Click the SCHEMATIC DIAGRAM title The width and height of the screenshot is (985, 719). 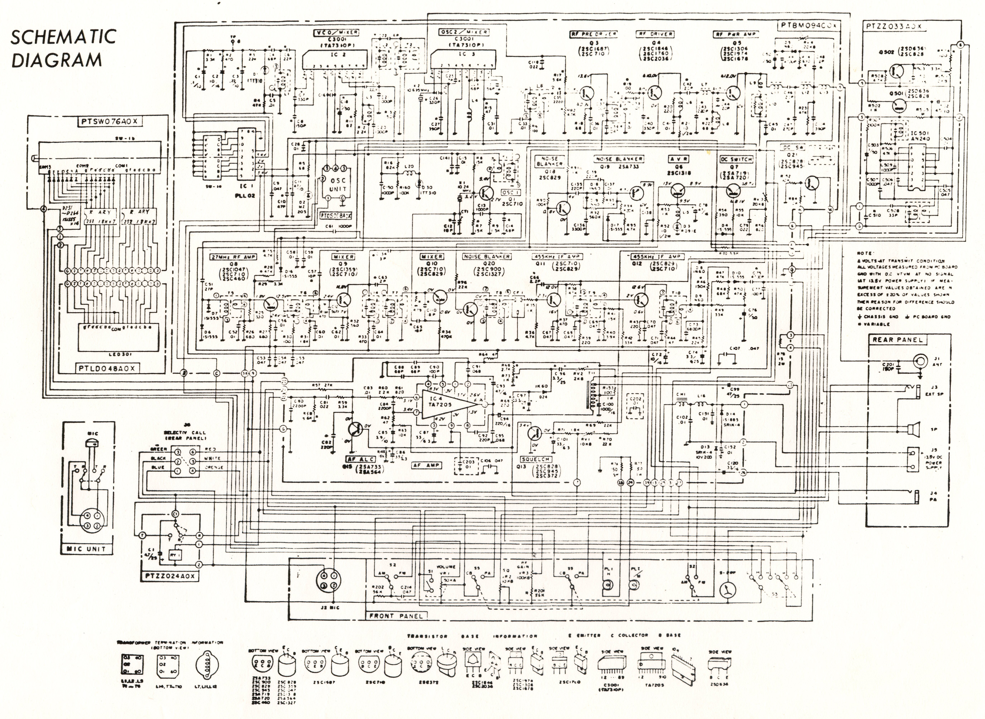click(63, 48)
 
